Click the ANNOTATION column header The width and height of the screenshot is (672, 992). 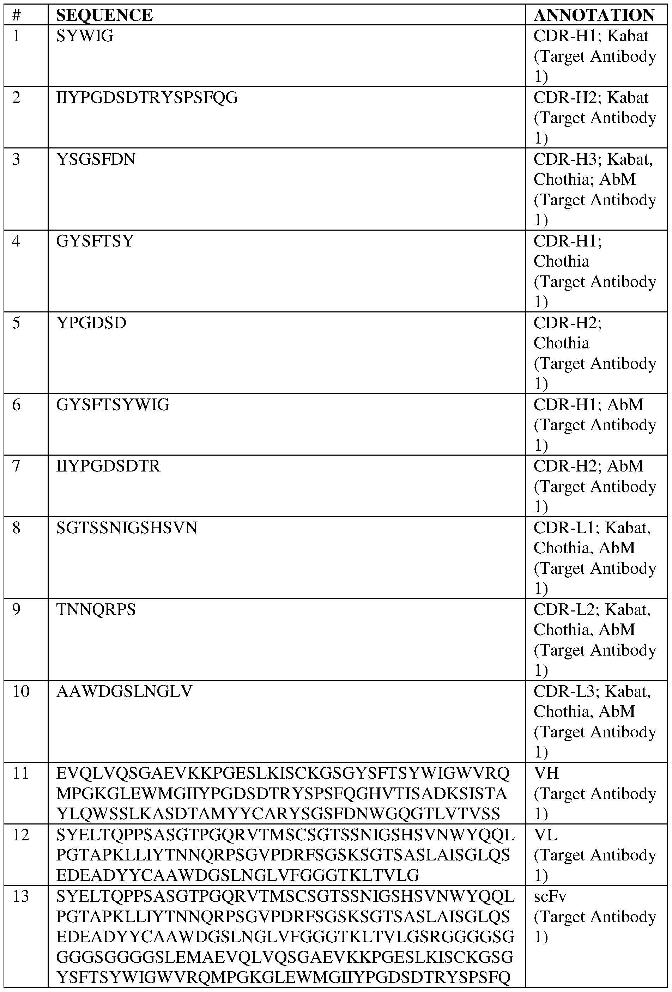(594, 16)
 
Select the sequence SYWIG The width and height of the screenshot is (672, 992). (85, 36)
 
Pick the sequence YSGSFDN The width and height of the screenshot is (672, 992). (96, 159)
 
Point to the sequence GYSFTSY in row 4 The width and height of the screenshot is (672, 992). (95, 241)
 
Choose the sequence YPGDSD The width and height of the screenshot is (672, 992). (91, 323)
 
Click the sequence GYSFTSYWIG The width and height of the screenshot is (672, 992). (113, 404)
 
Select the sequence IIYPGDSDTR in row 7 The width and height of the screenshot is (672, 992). (108, 466)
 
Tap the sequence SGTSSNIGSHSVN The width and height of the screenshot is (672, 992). (127, 528)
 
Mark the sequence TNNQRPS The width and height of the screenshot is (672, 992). (96, 609)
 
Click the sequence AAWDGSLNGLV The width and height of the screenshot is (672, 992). (124, 691)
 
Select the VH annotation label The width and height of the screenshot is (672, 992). (546, 773)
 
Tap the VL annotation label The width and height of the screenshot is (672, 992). (545, 834)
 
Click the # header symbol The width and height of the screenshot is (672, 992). (17, 16)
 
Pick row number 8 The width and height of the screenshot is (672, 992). (16, 528)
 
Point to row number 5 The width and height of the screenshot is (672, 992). (16, 323)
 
